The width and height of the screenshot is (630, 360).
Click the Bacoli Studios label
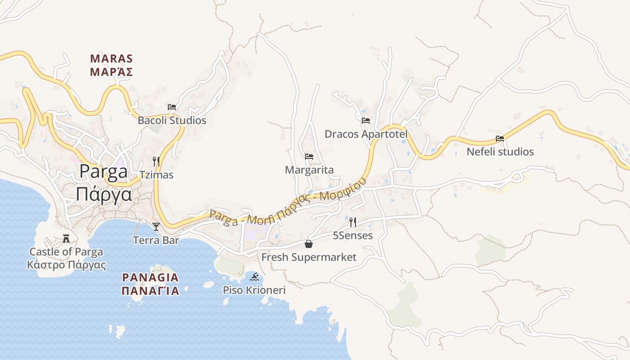click(172, 121)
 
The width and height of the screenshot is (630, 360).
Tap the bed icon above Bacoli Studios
click(172, 107)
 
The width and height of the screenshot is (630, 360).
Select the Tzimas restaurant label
click(156, 175)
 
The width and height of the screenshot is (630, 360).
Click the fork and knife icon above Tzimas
click(156, 161)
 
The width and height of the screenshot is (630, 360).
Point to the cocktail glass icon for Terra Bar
click(156, 226)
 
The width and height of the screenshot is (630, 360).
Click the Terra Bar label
click(156, 240)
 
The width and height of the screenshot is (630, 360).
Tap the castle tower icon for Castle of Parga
click(66, 238)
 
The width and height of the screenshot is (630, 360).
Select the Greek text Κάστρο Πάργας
click(66, 265)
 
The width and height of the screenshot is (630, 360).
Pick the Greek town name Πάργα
click(104, 194)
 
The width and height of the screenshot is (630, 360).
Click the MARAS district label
click(112, 59)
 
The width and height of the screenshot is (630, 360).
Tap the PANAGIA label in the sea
click(150, 277)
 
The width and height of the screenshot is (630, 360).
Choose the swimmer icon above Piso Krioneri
click(254, 276)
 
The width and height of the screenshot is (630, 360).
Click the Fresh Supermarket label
click(309, 257)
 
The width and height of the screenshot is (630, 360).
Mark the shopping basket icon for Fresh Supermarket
click(309, 244)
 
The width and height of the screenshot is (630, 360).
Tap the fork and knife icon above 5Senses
click(353, 222)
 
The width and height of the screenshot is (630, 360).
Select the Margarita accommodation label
click(309, 170)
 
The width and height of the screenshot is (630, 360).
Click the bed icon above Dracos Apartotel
click(366, 121)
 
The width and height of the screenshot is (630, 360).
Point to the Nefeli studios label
click(500, 152)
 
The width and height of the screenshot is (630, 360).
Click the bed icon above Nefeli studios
click(500, 139)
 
